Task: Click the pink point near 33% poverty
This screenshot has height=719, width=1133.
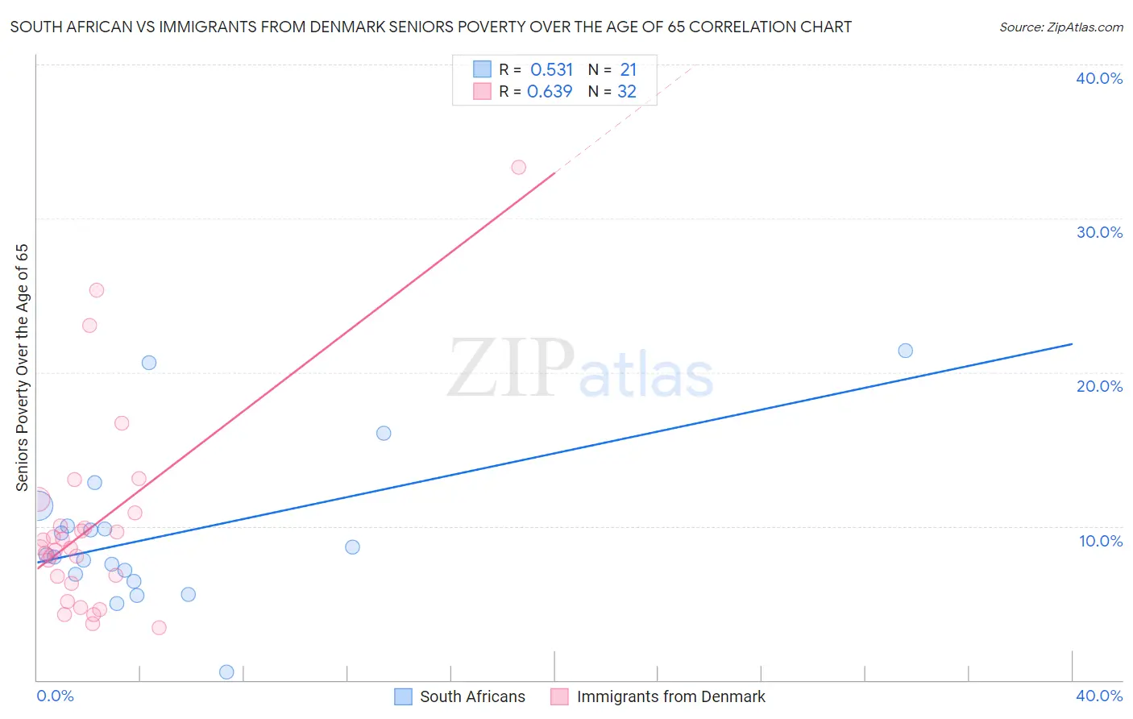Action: pos(518,168)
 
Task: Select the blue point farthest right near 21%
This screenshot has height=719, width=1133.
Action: pos(905,351)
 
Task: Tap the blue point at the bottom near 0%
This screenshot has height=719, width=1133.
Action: pos(226,672)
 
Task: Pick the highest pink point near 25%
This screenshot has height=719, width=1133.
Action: pos(97,290)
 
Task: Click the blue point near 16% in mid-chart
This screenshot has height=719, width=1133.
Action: pos(384,434)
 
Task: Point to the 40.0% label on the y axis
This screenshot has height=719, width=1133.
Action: pos(1099,78)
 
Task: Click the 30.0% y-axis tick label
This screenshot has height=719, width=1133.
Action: pos(1099,232)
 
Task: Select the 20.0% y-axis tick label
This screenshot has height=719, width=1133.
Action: pos(1099,386)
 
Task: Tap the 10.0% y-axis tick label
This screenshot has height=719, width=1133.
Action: pos(1101,541)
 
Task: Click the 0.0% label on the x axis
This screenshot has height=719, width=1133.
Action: pos(55,696)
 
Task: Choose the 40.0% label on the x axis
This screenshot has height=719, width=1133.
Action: pos(1099,696)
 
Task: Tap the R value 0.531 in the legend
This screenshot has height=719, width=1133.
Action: pos(551,70)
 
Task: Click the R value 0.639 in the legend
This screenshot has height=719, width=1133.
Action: pos(550,92)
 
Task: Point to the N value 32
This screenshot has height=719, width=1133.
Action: pos(627,92)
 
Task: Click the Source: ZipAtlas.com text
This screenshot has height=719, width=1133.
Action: pos(1060,27)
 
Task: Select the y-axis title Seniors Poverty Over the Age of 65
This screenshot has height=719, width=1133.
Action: pos(23,368)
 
